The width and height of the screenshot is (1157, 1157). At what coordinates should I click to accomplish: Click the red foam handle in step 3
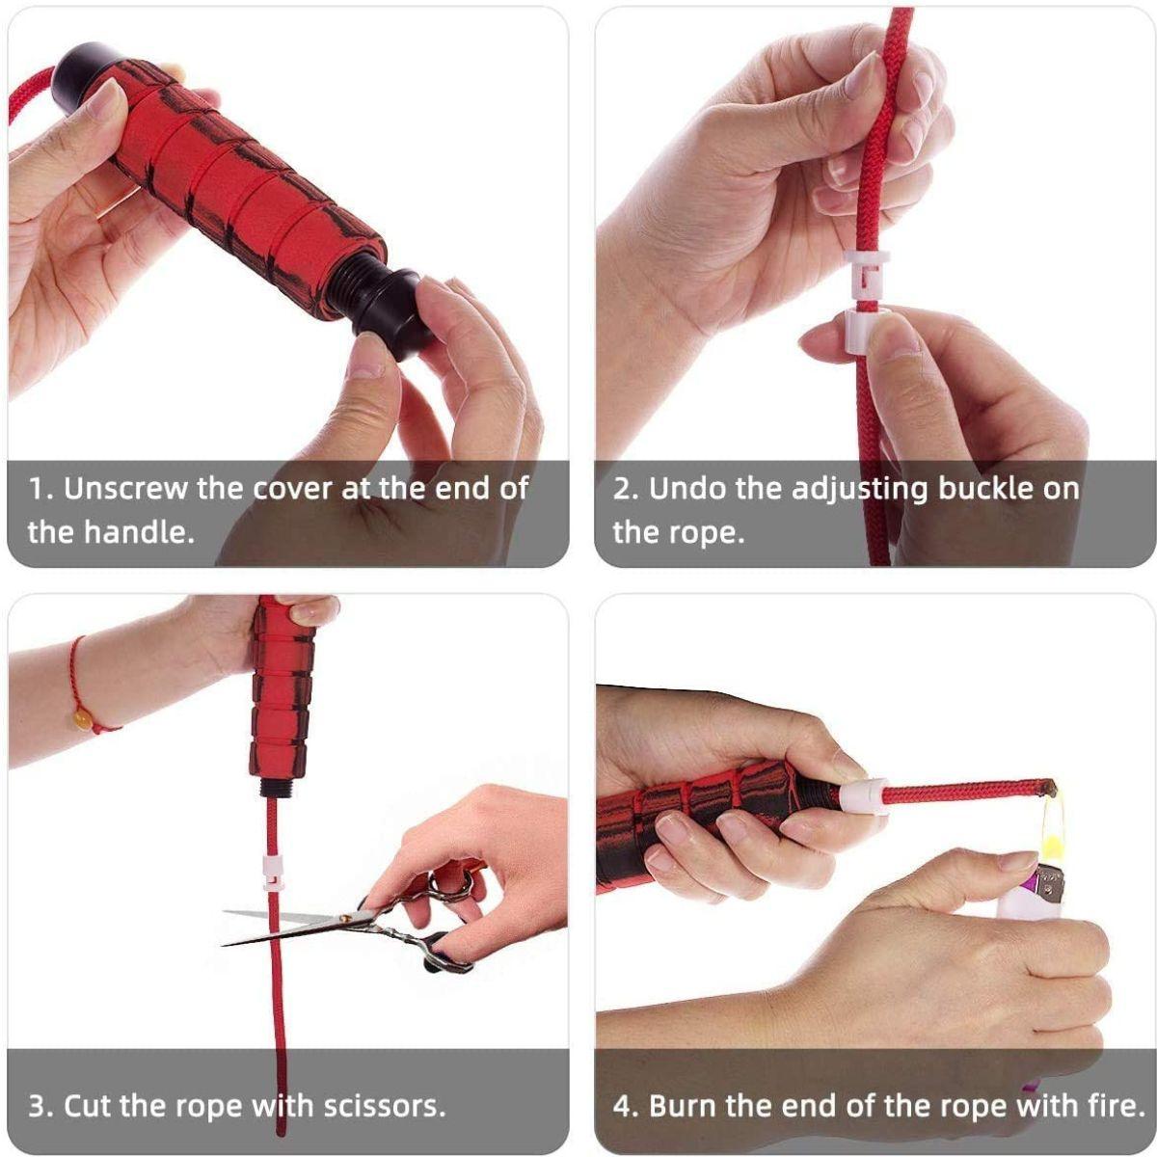[x=283, y=689]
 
